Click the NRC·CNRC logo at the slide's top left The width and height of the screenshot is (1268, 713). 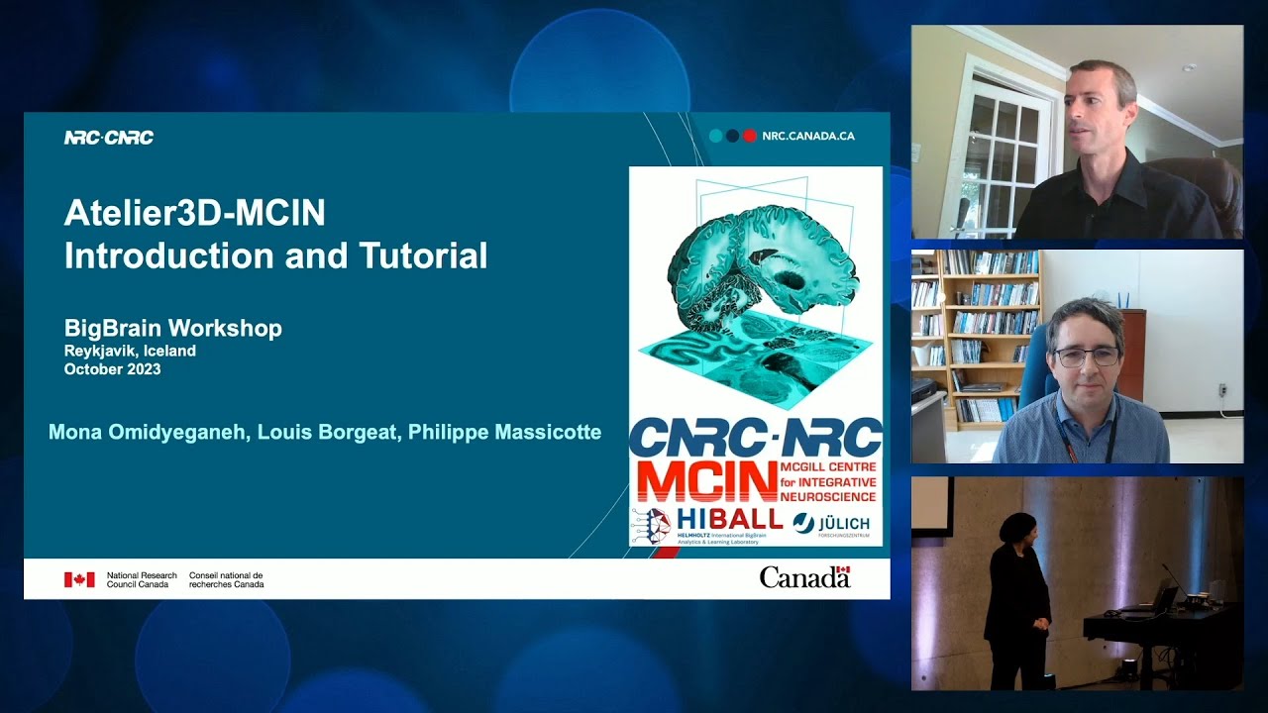tap(109, 138)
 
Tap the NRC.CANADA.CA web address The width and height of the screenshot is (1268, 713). tap(808, 136)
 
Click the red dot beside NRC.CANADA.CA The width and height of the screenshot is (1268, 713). tap(750, 136)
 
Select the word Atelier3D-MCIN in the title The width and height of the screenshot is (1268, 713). tap(194, 213)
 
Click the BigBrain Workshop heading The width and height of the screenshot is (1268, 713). tap(173, 329)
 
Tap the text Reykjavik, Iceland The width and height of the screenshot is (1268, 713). tap(130, 351)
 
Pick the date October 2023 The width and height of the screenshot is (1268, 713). tap(112, 369)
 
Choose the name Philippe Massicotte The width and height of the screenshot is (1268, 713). tap(504, 432)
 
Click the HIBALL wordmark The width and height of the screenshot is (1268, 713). tap(729, 519)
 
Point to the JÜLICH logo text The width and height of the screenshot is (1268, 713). tap(844, 523)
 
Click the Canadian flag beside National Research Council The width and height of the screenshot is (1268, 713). tap(79, 579)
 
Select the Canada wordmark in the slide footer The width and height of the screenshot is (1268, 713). tap(804, 577)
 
